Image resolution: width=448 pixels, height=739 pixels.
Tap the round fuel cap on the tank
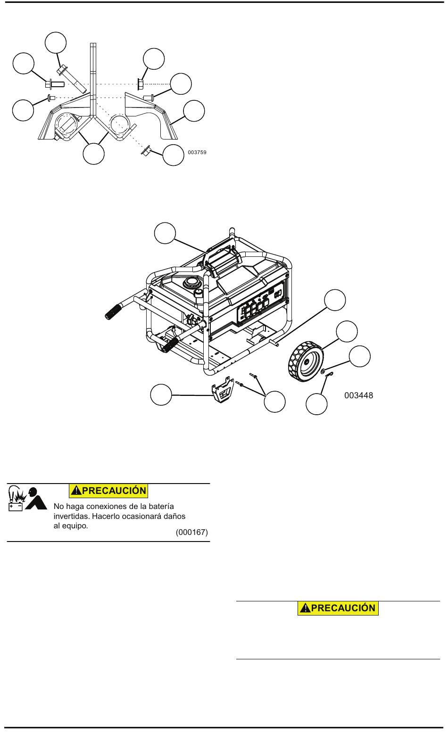click(x=191, y=283)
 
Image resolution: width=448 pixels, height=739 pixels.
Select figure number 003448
click(x=358, y=395)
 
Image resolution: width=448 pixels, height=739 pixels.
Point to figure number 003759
click(x=197, y=153)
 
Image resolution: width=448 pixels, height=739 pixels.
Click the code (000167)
click(x=191, y=532)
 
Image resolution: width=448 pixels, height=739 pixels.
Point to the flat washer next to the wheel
click(x=323, y=372)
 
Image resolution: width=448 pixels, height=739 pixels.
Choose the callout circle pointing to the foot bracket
click(x=161, y=394)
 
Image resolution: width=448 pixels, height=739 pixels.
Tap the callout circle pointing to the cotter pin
click(x=316, y=404)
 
